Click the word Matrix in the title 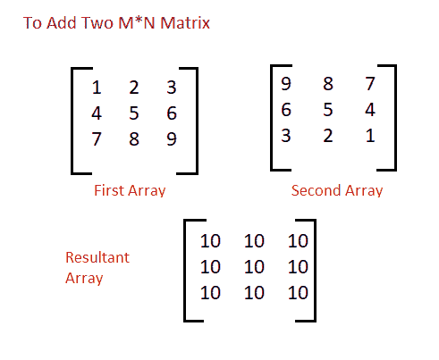(x=185, y=23)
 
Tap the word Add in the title (x=62, y=23)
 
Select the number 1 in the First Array (x=97, y=88)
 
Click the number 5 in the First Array (x=134, y=113)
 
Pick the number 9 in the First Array (x=172, y=139)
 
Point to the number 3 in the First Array (x=172, y=88)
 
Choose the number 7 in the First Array (x=97, y=139)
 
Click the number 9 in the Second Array (x=286, y=83)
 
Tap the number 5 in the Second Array (x=328, y=110)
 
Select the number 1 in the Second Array (x=370, y=136)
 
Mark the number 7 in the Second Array (x=370, y=83)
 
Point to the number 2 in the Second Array (x=328, y=136)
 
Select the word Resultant (x=97, y=257)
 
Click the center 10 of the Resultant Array (x=254, y=267)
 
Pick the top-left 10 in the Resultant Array (x=210, y=241)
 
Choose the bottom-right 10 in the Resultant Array (x=298, y=293)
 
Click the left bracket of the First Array (x=72, y=121)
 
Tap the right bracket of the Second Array (x=395, y=118)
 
